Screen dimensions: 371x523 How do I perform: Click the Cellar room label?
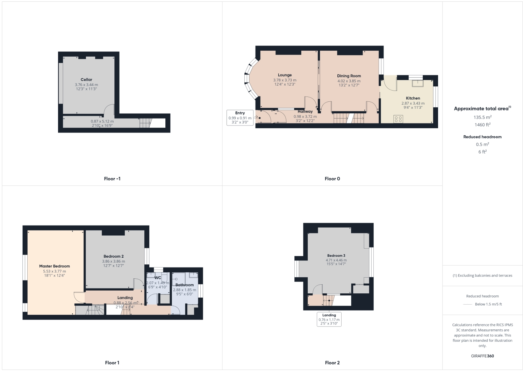click(x=86, y=80)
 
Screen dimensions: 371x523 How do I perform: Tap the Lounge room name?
click(x=285, y=75)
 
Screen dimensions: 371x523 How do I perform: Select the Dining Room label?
click(x=349, y=76)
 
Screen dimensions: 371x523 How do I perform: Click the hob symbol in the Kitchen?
click(x=398, y=119)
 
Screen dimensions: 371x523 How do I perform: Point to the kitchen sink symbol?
click(x=417, y=83)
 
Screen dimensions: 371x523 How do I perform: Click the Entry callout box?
click(x=240, y=117)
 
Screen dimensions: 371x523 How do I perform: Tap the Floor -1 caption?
click(x=112, y=179)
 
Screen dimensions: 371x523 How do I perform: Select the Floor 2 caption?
click(x=332, y=363)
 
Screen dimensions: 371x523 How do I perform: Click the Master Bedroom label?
click(x=55, y=266)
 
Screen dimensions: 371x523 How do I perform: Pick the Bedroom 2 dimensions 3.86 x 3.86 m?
click(x=113, y=261)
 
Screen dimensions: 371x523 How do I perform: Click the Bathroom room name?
click(x=185, y=285)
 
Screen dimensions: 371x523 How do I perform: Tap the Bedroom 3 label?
click(x=336, y=256)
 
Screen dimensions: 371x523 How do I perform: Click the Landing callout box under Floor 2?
click(x=329, y=319)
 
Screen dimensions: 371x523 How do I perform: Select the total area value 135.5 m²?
click(x=482, y=117)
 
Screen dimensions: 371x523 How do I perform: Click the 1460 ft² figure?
click(x=482, y=125)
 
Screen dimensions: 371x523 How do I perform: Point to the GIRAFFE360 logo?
click(x=482, y=356)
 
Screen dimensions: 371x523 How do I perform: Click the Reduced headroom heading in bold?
click(x=482, y=137)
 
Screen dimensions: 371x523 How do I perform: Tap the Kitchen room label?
click(x=413, y=98)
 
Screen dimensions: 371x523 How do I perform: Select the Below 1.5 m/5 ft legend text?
click(x=488, y=304)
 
